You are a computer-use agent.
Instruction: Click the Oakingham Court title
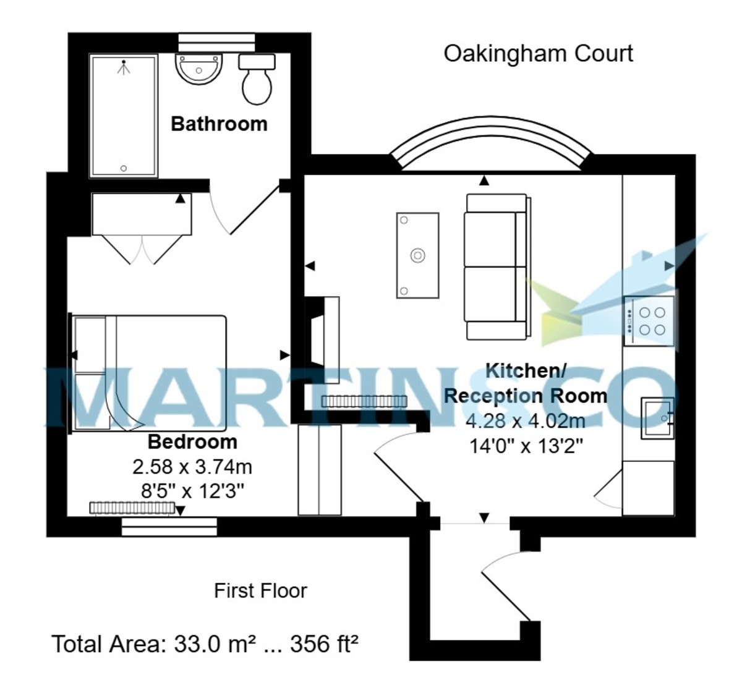point(538,54)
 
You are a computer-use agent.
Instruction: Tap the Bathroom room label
point(219,124)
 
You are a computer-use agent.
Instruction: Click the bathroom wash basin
point(198,69)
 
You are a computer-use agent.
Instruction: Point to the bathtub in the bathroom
point(124,116)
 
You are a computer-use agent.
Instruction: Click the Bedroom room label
point(192,442)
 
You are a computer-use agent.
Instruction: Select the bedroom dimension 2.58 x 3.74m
point(192,467)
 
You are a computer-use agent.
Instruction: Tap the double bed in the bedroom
point(150,373)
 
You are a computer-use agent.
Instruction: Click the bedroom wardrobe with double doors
point(142,215)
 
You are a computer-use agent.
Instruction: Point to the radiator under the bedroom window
point(132,508)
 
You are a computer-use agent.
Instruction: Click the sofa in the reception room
point(497,267)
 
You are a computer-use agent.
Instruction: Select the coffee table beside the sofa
point(417,255)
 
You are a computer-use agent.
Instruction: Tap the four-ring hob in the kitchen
point(649,321)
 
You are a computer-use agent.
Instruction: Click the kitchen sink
point(657,418)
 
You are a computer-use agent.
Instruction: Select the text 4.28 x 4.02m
point(525,421)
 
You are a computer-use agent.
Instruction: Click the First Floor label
point(260,591)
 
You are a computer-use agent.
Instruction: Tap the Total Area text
point(205,644)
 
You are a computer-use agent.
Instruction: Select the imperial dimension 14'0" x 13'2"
point(526,445)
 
